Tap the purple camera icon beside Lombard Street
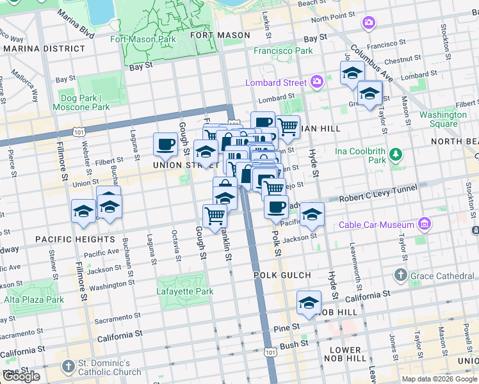[316, 82]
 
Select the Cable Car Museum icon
[423, 225]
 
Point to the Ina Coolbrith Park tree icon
[396, 154]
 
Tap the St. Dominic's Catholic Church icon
[69, 367]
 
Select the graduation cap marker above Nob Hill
[309, 302]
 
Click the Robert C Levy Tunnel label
[378, 189]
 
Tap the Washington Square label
[443, 119]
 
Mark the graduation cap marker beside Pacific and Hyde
[312, 214]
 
